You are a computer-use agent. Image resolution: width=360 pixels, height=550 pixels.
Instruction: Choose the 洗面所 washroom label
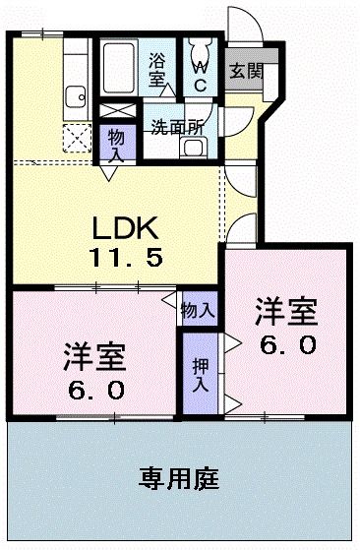[177, 126]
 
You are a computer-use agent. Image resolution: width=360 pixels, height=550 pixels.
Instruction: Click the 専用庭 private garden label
[178, 481]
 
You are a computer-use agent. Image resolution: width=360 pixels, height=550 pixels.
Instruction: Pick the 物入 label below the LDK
[198, 310]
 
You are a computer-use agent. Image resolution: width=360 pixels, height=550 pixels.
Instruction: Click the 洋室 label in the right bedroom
[286, 313]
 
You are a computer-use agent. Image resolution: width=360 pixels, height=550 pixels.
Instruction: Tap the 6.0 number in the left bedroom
[96, 390]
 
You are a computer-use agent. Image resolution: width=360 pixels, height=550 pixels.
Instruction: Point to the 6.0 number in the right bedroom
[286, 345]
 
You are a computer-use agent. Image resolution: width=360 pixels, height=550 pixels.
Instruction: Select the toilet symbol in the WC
[200, 49]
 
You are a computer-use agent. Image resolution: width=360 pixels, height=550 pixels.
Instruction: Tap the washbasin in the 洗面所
[193, 149]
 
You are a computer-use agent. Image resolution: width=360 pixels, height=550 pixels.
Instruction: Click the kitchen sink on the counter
[75, 97]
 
